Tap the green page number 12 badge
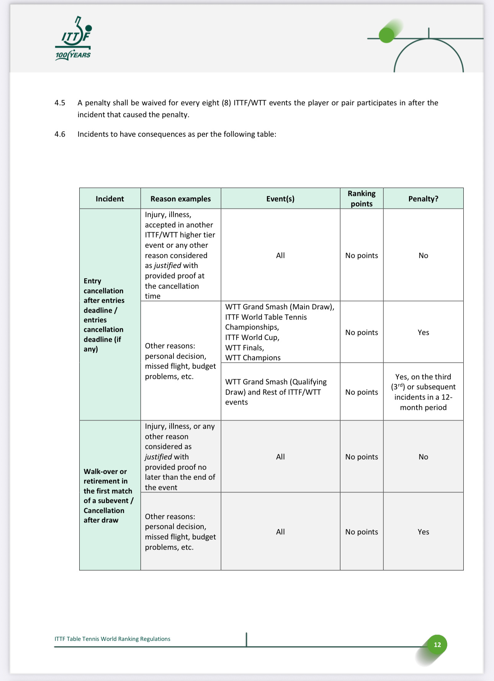[x=437, y=645]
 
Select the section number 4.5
[x=60, y=103]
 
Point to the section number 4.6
[x=60, y=134]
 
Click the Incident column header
[x=110, y=199]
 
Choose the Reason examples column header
[x=180, y=199]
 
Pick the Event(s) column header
[x=280, y=199]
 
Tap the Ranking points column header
[x=362, y=198]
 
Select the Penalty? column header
[x=423, y=199]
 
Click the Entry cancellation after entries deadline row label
[x=104, y=315]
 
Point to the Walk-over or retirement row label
[x=108, y=495]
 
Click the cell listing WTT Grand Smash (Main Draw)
[x=280, y=332]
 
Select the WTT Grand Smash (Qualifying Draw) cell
[x=276, y=392]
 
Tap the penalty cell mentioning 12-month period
[x=423, y=392]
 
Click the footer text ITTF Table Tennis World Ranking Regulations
[x=113, y=639]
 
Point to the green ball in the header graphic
[x=386, y=36]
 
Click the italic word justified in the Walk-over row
[x=158, y=457]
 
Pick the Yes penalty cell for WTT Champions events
[x=423, y=332]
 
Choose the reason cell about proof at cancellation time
[x=180, y=255]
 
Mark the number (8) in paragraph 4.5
[x=226, y=103]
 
